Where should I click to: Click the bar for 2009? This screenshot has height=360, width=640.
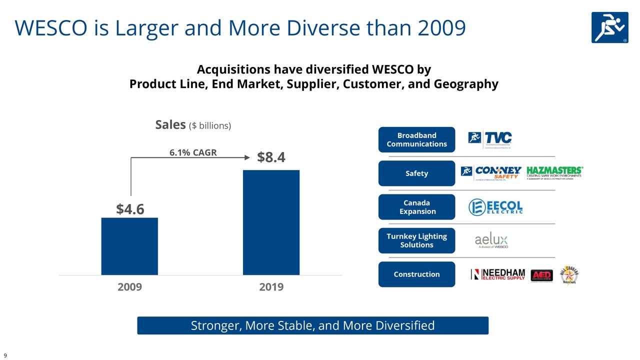(129, 246)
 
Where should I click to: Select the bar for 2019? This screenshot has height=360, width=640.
(271, 222)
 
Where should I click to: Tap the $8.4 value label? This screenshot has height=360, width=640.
(271, 157)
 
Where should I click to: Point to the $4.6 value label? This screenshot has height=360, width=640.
(130, 209)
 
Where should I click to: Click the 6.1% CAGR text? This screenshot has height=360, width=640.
(193, 152)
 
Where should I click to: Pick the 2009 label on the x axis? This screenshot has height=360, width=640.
(130, 287)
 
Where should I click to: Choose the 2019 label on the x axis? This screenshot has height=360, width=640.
(271, 287)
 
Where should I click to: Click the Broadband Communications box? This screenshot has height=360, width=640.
(416, 140)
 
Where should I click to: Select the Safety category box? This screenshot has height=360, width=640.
(416, 173)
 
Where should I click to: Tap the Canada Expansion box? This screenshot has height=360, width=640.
(416, 207)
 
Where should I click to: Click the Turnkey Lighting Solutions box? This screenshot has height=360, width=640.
(416, 240)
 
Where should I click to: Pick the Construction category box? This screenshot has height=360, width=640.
(416, 274)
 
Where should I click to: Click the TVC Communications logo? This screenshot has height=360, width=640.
(490, 138)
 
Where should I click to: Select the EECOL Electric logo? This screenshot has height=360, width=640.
(495, 207)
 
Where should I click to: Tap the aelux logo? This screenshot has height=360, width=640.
(491, 241)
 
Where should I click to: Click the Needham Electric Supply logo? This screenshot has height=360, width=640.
(498, 274)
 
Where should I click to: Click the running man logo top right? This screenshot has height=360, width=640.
(609, 27)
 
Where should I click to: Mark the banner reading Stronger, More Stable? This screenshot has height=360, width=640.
(312, 325)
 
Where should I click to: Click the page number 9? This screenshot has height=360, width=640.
(5, 355)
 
